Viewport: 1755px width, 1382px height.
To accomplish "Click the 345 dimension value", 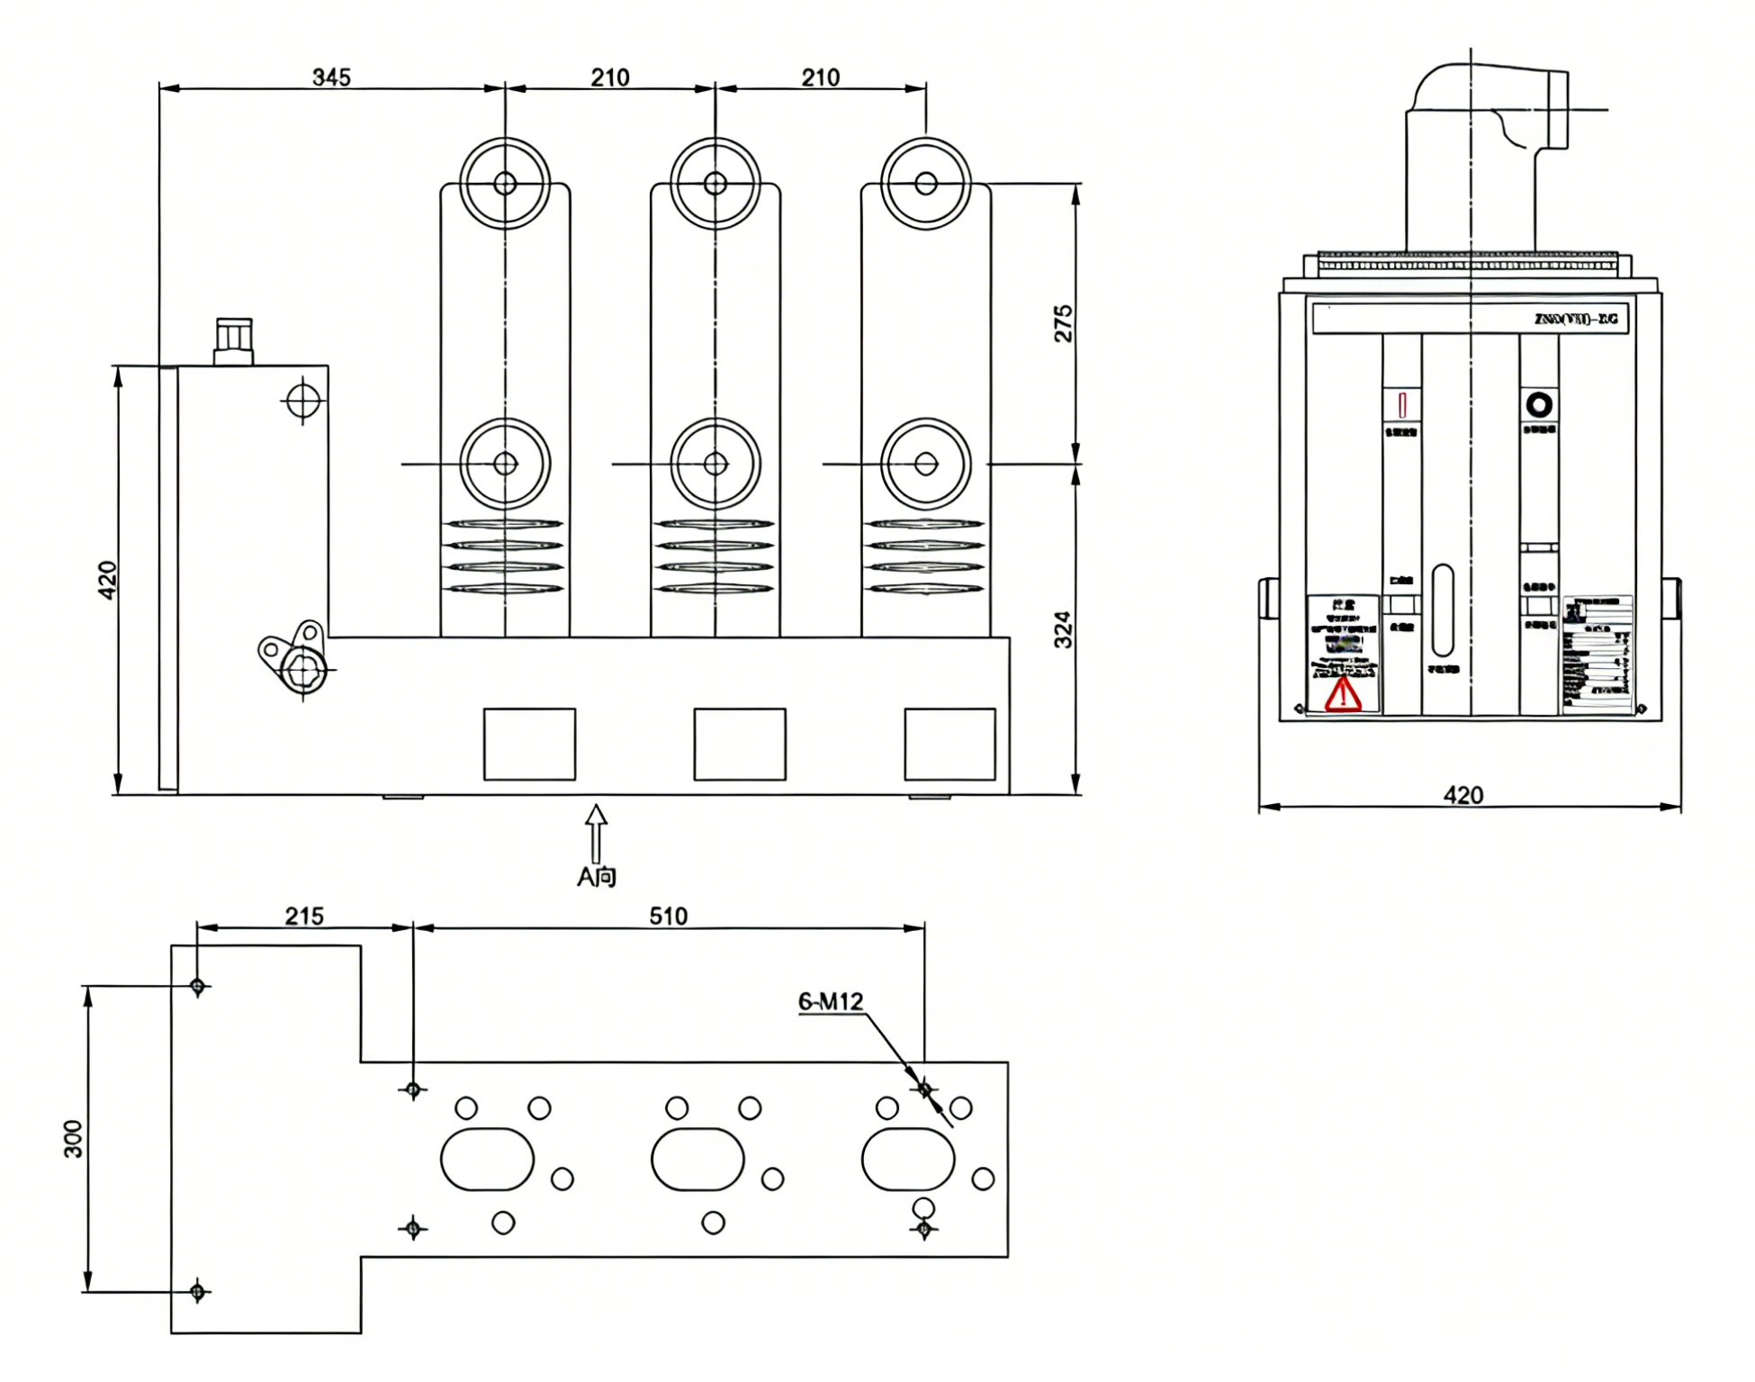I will click(x=331, y=77).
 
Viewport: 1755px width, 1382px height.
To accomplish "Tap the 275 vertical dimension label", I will click(x=1063, y=323).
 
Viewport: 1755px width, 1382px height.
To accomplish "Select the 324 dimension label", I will click(x=1063, y=629).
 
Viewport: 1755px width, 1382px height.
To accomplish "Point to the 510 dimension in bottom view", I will click(x=668, y=916).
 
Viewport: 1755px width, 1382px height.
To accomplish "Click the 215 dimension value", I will click(x=304, y=916).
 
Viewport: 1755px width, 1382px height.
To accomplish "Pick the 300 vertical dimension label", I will click(x=73, y=1139).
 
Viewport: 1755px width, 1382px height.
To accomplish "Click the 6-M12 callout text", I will click(x=830, y=1001).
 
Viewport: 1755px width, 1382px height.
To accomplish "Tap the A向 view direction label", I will click(x=596, y=876).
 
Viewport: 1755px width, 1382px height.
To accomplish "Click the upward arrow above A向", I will click(x=596, y=833).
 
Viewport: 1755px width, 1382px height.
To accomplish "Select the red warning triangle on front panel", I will click(x=1342, y=694).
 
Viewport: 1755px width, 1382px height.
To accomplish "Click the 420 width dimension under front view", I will click(x=1462, y=795).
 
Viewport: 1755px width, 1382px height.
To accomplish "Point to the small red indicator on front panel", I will click(x=1402, y=404).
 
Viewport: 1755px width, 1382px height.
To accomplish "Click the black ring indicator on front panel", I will click(x=1539, y=404).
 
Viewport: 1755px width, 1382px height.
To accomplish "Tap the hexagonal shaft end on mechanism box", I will click(x=303, y=670).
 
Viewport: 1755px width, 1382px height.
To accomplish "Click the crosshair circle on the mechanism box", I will click(x=303, y=400).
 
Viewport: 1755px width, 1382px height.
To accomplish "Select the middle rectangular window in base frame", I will click(x=740, y=744).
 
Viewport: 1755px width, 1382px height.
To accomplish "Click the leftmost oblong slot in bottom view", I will click(x=487, y=1159).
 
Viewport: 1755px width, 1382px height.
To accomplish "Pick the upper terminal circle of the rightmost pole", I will click(x=925, y=184).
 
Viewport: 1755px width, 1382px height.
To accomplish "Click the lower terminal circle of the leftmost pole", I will click(x=505, y=464).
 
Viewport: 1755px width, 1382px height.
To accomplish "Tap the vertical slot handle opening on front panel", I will click(x=1442, y=610).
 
